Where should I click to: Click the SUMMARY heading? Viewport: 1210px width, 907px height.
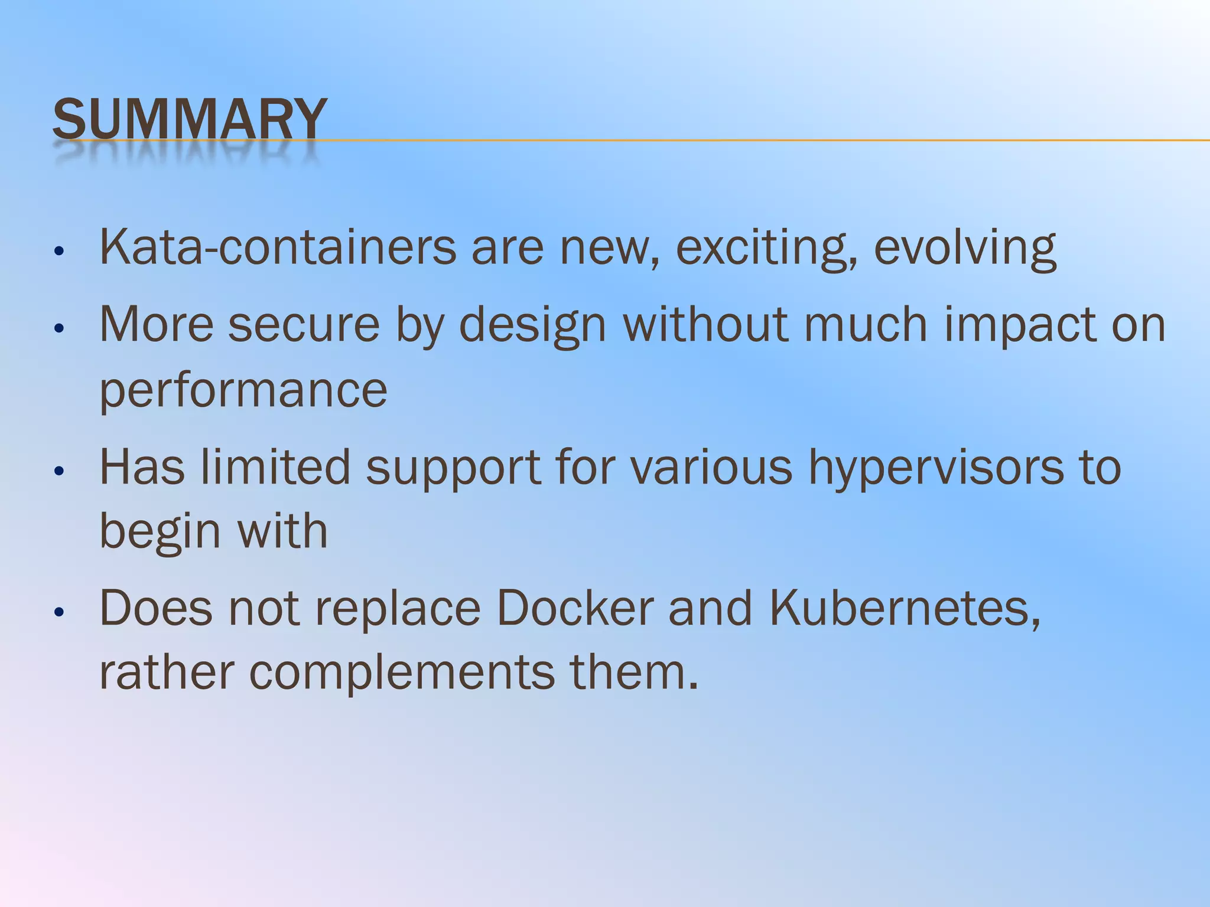tap(190, 119)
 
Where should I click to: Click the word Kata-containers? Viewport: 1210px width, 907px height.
tap(278, 247)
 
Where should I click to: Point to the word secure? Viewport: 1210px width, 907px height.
tap(304, 325)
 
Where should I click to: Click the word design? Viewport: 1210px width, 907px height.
tap(532, 326)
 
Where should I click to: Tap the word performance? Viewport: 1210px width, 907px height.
tap(243, 391)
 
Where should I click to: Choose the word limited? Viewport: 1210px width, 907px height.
tap(276, 466)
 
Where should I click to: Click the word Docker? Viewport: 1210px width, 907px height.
tap(574, 608)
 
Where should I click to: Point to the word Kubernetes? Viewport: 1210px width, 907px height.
tap(905, 608)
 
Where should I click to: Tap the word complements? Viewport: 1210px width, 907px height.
tap(402, 673)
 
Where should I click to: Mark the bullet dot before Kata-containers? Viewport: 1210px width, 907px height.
tap(58, 251)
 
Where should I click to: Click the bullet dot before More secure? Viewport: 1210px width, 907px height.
tap(58, 328)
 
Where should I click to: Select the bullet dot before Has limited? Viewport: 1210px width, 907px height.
tap(58, 471)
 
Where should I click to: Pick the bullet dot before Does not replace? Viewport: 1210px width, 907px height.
tap(58, 612)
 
